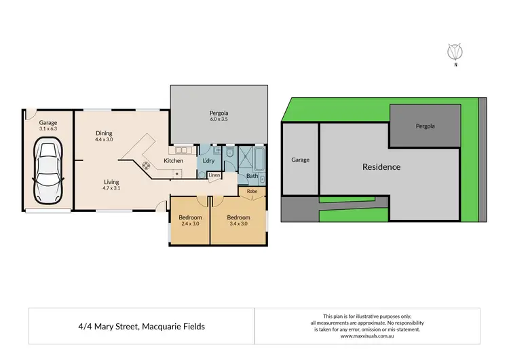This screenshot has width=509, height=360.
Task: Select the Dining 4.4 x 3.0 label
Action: (x=104, y=137)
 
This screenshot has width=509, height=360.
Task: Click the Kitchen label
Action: (x=174, y=161)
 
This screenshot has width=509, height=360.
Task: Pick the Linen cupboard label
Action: (x=214, y=175)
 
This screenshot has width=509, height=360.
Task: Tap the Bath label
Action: (x=252, y=176)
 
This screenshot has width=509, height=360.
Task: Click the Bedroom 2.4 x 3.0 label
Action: (x=191, y=221)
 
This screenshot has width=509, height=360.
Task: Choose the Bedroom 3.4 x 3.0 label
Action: (x=239, y=221)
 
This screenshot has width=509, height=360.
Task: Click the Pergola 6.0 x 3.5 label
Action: (x=218, y=116)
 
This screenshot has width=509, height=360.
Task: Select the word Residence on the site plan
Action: (x=381, y=167)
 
